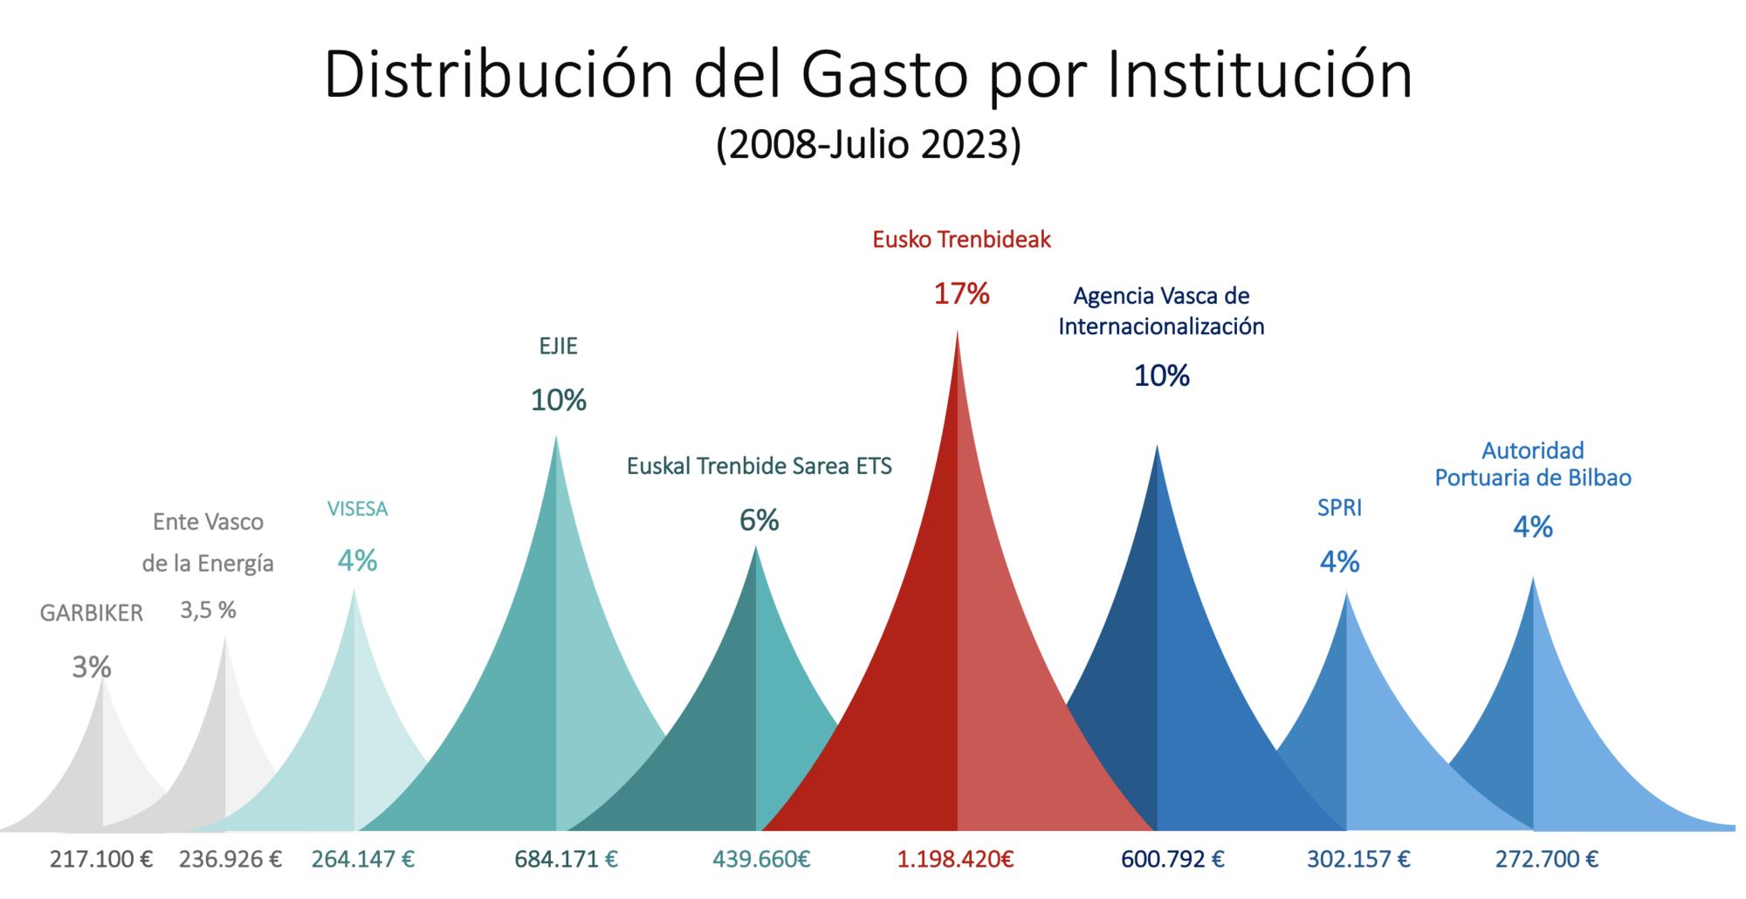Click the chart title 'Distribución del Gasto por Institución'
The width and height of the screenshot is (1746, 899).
coord(868,75)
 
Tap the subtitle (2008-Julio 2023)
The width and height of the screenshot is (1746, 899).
coord(868,145)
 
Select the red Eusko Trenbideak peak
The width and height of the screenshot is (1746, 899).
coord(957,655)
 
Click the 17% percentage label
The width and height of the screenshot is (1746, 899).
coord(961,294)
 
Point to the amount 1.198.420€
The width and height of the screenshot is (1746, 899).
coord(955,860)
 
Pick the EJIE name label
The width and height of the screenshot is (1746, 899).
coord(558,347)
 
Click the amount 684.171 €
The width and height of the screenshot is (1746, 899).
coord(566,860)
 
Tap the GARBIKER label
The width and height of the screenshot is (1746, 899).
coord(92,614)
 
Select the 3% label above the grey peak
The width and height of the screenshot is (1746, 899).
coord(92,668)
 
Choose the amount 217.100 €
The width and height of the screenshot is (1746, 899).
coord(101,860)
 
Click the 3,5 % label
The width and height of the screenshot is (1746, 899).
coord(208,611)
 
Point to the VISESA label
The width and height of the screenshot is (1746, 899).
coord(357,509)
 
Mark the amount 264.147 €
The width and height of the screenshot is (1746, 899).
coord(363,860)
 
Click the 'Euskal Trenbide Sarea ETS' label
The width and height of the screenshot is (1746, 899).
coord(760,466)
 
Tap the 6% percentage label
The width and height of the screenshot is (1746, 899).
coord(759,520)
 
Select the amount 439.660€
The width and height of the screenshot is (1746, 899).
coord(761,860)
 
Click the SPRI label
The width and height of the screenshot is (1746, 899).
coord(1339,508)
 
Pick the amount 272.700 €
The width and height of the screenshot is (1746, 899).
coord(1547,860)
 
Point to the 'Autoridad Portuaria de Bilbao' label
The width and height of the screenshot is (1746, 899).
coord(1533,464)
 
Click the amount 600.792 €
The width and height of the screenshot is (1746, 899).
coord(1172,860)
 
